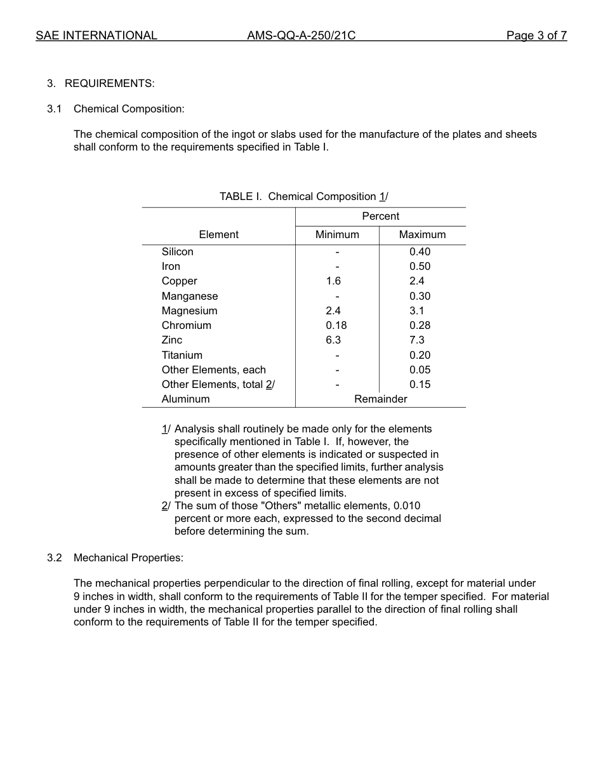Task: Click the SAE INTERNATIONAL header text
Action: point(96,36)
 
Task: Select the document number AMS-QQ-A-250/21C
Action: point(301,36)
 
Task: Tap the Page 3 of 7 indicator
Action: point(536,36)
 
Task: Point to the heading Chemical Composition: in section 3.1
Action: point(129,109)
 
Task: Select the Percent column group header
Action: point(380,216)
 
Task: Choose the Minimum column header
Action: point(337,234)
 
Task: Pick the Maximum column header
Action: point(422,234)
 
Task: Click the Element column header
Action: point(218,234)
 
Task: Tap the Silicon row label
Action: point(177,251)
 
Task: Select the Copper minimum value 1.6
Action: point(333,281)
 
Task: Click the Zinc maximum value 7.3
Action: point(417,340)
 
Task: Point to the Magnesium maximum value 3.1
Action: point(417,310)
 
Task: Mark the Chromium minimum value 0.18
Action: point(336,325)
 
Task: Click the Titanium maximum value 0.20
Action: point(420,355)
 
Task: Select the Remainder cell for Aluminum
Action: point(380,399)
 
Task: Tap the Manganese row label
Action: point(189,296)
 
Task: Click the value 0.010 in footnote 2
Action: point(407,505)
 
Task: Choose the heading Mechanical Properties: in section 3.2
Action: point(128,557)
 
